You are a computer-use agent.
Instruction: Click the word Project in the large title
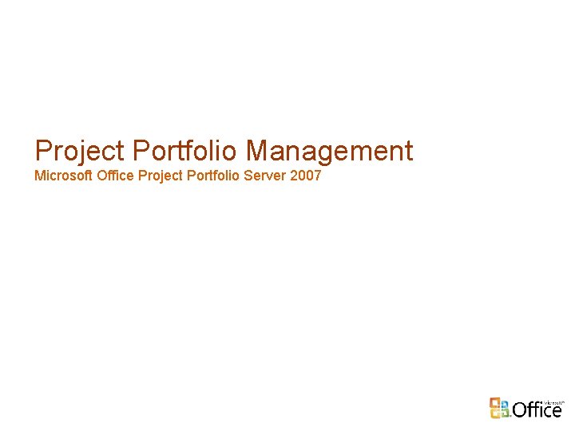click(80, 151)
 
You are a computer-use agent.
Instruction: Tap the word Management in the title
click(330, 151)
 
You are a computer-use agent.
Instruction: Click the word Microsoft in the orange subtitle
click(63, 175)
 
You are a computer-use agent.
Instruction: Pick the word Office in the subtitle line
click(115, 175)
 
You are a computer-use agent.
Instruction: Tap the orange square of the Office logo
click(496, 401)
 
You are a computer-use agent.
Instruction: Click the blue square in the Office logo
click(496, 413)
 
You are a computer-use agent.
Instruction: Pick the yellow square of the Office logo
click(506, 413)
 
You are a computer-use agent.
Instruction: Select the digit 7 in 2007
click(316, 175)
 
